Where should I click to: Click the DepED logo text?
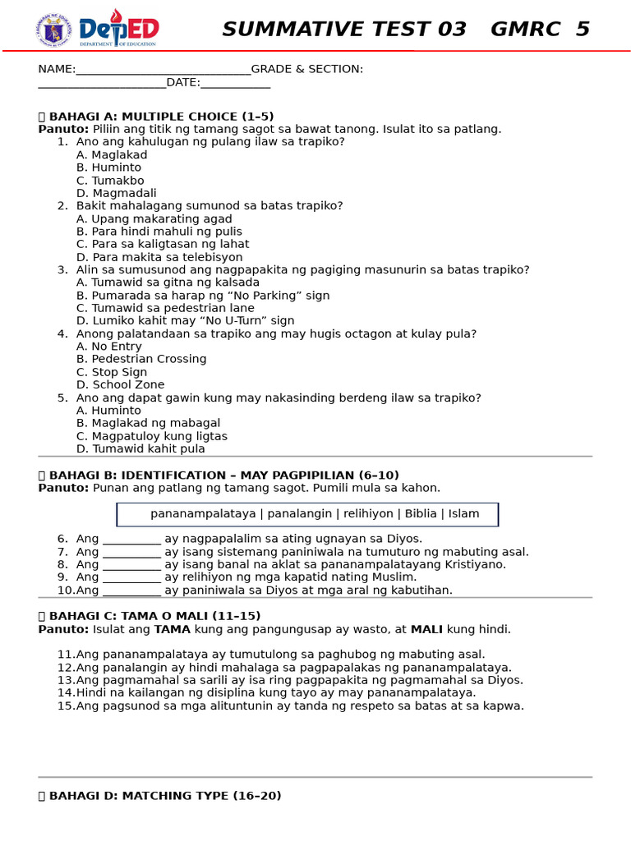pos(119,29)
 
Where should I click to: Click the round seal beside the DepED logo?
pos(53,30)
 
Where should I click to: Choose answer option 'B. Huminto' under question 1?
pos(108,168)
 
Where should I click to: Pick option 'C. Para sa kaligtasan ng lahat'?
pos(163,244)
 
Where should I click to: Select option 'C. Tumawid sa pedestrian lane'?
pos(165,308)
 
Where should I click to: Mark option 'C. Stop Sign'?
pos(112,372)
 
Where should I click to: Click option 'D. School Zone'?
pos(120,384)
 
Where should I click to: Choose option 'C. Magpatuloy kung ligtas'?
pos(152,436)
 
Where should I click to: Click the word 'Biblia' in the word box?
pos(421,514)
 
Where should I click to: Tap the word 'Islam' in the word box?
pos(463,514)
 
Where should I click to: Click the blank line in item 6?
pos(131,540)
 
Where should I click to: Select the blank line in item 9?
pos(131,578)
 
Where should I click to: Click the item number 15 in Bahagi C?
pos(65,705)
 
